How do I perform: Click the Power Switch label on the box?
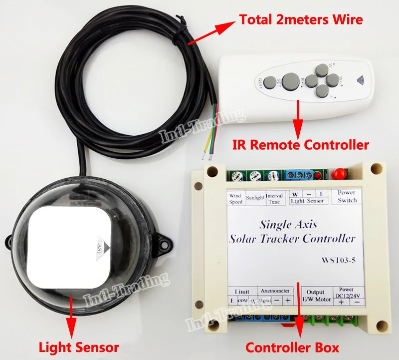347,196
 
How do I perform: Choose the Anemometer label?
273,290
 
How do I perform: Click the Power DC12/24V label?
347,292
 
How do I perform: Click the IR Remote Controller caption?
301,146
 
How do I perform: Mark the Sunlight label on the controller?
255,197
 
